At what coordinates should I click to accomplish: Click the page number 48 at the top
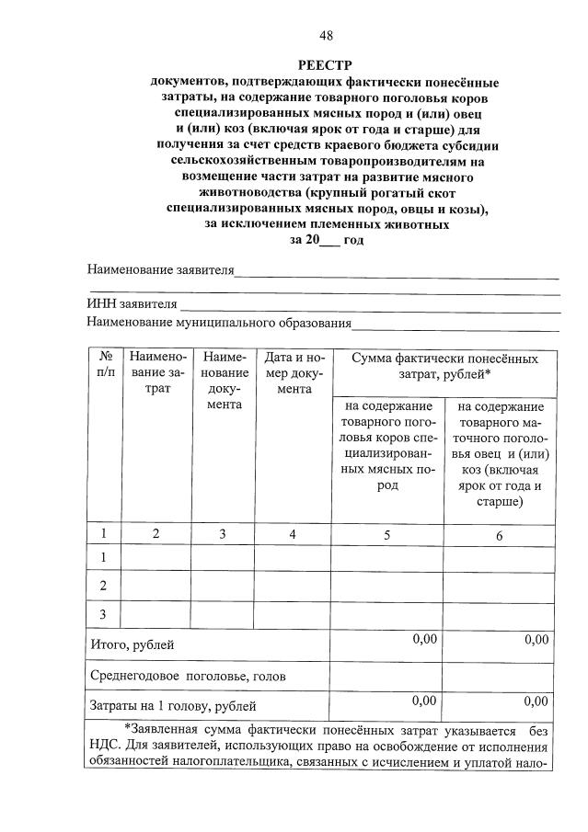click(326, 36)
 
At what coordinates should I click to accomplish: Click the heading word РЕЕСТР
click(326, 65)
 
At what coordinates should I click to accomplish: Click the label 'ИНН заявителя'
click(132, 304)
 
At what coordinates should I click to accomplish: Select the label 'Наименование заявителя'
click(160, 270)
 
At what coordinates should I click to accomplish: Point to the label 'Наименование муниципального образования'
click(219, 323)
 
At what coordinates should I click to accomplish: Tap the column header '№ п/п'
click(105, 365)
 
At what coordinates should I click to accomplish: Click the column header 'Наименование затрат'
click(156, 372)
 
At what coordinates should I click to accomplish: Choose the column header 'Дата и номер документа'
click(294, 372)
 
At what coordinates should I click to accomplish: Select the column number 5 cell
click(386, 533)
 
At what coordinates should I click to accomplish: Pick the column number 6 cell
click(500, 535)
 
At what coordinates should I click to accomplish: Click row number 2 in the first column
click(104, 586)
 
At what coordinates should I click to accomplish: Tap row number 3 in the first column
click(104, 614)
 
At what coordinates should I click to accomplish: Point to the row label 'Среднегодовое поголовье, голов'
click(188, 676)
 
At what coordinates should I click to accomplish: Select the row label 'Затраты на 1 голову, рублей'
click(172, 706)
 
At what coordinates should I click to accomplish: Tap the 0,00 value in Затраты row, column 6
click(536, 701)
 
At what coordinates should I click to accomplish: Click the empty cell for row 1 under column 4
click(294, 557)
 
